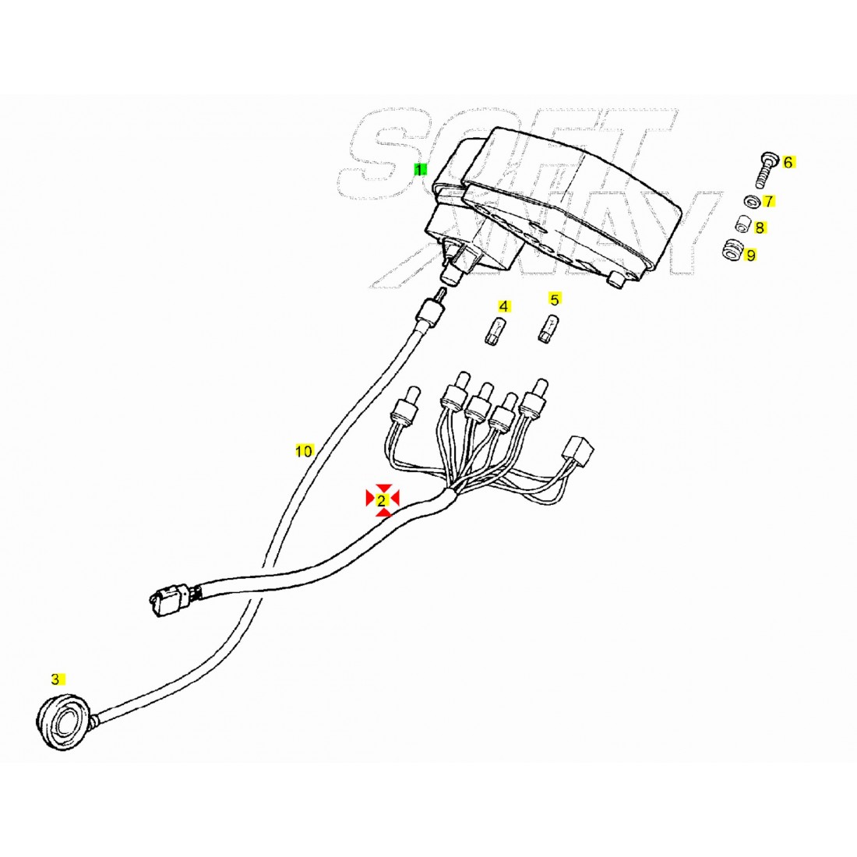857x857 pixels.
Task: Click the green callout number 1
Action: tap(418, 170)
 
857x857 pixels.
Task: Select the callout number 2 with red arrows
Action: tap(382, 499)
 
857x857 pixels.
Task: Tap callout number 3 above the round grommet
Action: tap(55, 679)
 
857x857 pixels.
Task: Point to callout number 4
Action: tap(504, 307)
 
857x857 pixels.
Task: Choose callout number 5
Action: tap(555, 299)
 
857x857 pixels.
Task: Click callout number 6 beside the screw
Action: tap(788, 162)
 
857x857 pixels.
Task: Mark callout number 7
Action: tap(769, 202)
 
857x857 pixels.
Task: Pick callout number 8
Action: tap(760, 227)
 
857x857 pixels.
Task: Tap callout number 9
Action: tap(751, 256)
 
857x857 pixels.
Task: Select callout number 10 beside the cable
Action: tap(304, 451)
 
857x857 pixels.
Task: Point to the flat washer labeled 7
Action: tap(752, 201)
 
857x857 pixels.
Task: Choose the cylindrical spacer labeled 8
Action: tap(742, 224)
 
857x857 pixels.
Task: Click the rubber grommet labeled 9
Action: tap(732, 250)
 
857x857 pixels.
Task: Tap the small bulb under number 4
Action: tap(496, 330)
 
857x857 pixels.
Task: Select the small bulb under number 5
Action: tap(548, 327)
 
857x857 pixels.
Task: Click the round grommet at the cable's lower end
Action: tap(62, 721)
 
